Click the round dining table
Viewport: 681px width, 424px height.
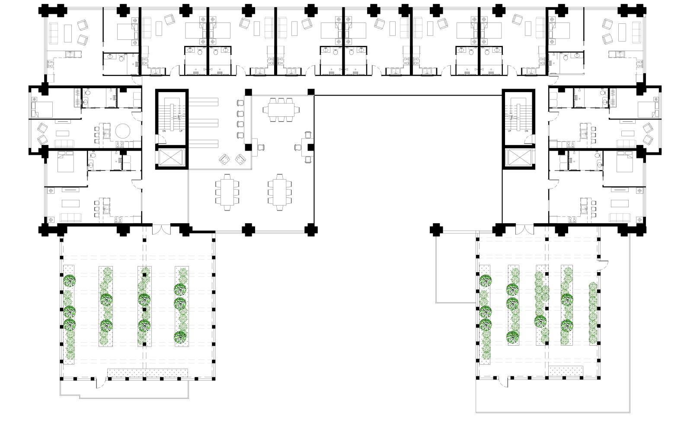tap(123, 131)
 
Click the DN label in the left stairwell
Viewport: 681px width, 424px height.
tap(164, 131)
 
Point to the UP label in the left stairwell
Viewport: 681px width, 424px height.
tap(181, 131)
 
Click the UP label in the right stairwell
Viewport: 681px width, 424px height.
tap(509, 131)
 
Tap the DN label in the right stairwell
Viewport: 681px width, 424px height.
tap(526, 131)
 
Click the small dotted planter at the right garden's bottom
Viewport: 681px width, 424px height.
tap(566, 370)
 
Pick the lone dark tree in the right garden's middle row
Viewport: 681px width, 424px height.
tap(540, 321)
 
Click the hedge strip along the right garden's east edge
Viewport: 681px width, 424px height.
tap(593, 313)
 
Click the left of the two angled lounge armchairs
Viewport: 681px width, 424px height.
tap(224, 160)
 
